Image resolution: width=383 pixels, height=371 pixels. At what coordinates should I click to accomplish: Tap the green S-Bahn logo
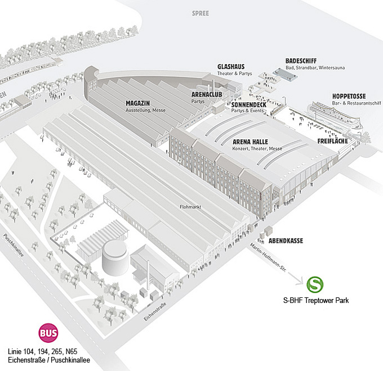click(315, 284)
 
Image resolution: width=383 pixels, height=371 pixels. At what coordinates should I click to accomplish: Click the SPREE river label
click(201, 12)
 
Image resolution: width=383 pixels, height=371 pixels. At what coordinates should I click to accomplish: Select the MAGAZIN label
click(137, 103)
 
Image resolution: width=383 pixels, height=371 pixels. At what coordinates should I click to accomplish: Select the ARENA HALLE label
click(250, 141)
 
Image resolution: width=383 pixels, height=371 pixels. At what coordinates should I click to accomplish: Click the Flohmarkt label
click(191, 207)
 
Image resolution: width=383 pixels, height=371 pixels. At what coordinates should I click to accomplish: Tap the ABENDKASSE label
click(287, 240)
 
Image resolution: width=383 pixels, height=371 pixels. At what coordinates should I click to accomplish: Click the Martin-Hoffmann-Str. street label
click(268, 255)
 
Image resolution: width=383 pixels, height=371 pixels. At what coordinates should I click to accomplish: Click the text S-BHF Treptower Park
click(315, 301)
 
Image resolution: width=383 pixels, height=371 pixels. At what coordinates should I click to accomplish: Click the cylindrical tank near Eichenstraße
click(114, 259)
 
